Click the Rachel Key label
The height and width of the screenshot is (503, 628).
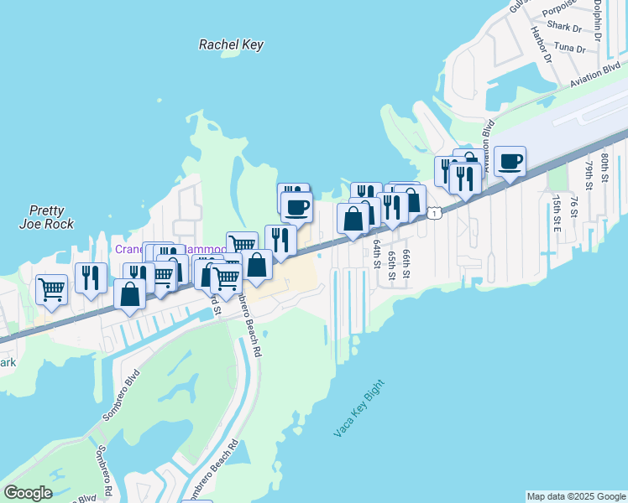tap(231, 44)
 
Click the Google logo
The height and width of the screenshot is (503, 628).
tap(28, 493)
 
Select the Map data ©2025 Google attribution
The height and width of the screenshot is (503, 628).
tap(576, 496)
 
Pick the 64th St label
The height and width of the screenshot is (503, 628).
tap(377, 251)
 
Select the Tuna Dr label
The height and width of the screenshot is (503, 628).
tap(569, 49)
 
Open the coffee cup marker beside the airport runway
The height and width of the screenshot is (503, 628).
tap(510, 161)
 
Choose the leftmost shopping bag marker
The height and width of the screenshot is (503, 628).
tap(129, 295)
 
